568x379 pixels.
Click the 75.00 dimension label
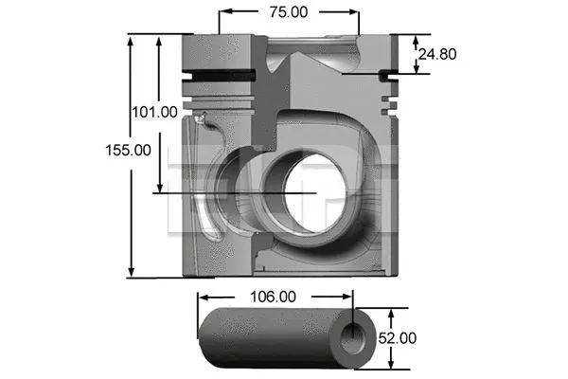(x=289, y=12)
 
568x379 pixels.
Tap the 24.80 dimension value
(x=437, y=55)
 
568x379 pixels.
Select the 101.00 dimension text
(x=154, y=112)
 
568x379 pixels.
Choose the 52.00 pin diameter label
(x=397, y=337)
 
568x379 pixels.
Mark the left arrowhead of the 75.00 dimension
(x=223, y=12)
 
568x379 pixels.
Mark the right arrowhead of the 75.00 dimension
(x=355, y=12)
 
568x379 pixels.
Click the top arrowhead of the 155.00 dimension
(x=132, y=39)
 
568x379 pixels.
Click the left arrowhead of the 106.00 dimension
(x=201, y=297)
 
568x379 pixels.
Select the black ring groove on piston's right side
(x=388, y=75)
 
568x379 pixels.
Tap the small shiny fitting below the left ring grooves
(x=202, y=118)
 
